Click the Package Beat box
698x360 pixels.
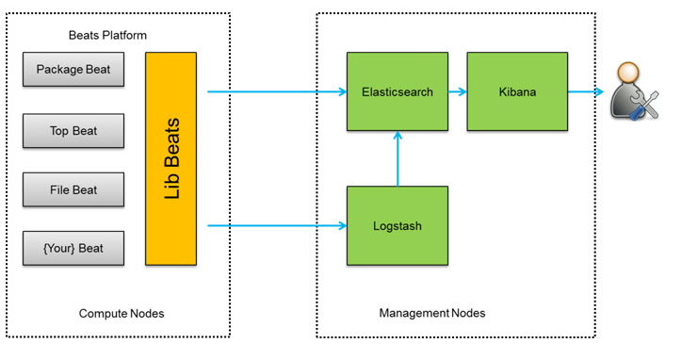tap(73, 70)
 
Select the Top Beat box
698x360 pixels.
tap(73, 131)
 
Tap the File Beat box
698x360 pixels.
tap(73, 189)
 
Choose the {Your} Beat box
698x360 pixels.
tap(73, 248)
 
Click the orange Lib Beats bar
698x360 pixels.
tap(170, 158)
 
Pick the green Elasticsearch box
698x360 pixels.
tap(398, 91)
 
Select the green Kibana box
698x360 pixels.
tap(517, 91)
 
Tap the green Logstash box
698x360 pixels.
tap(398, 225)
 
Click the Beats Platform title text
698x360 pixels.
tap(107, 35)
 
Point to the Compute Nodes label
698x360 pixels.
tap(122, 314)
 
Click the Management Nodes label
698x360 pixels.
tap(432, 313)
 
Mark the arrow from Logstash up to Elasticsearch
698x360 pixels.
tap(398, 158)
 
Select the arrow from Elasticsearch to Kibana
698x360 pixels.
tap(458, 91)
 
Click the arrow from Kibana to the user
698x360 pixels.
tap(586, 91)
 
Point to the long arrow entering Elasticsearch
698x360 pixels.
tap(277, 91)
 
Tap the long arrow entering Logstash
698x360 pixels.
tap(277, 226)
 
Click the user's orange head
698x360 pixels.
tap(628, 74)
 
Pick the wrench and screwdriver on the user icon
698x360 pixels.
tap(644, 106)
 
